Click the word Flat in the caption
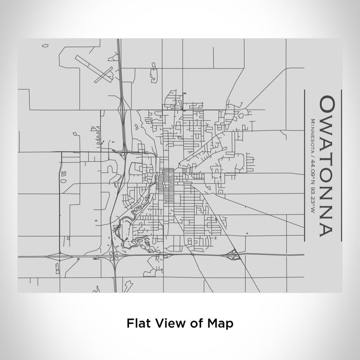pyautogui.click(x=138, y=323)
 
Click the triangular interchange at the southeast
pyautogui.click(x=234, y=253)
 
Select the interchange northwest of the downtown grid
pyautogui.click(x=124, y=151)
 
